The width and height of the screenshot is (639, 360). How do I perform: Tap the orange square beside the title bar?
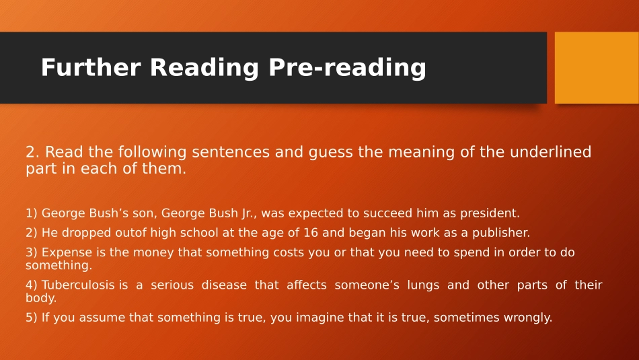tap(596, 67)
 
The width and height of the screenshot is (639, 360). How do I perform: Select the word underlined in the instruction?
tap(550, 152)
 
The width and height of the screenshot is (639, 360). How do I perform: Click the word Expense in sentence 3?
tap(67, 252)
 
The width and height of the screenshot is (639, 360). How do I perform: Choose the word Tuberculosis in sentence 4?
tap(78, 285)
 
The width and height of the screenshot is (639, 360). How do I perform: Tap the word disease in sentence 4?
tap(221, 285)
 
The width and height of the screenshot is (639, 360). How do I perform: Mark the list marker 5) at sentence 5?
tap(32, 318)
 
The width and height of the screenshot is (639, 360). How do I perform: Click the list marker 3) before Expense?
tap(32, 252)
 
